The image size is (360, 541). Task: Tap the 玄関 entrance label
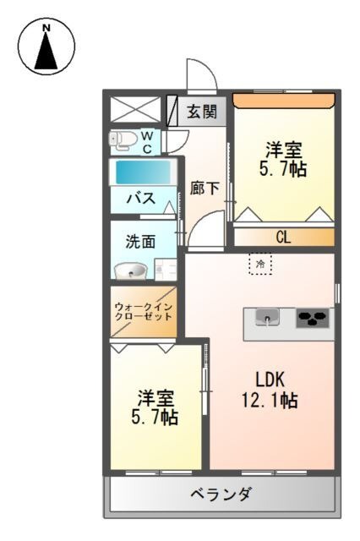[x=201, y=111]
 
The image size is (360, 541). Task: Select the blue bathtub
[x=142, y=172]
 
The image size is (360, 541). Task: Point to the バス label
[x=140, y=199]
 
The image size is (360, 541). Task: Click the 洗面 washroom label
[x=140, y=241]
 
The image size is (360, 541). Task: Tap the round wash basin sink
[x=130, y=270]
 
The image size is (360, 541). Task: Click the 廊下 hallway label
[x=205, y=189]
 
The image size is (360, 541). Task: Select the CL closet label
[x=282, y=238]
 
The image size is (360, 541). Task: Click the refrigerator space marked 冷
[x=260, y=265]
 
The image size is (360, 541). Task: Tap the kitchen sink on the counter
[x=267, y=319]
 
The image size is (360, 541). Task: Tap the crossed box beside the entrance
[x=135, y=111]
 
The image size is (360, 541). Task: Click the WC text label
[x=146, y=141]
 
